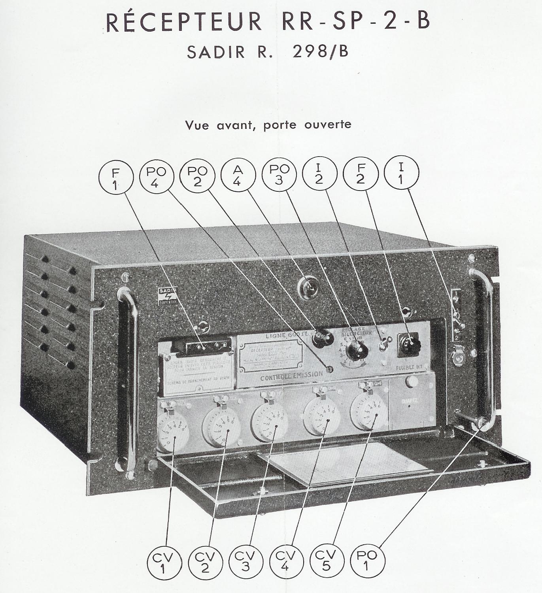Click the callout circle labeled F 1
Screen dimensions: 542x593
(x=116, y=178)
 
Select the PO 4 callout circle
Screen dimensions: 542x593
(x=157, y=178)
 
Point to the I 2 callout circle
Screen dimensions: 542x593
(x=319, y=174)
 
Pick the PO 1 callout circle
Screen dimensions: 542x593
(x=367, y=560)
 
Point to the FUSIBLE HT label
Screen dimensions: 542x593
(x=409, y=367)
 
